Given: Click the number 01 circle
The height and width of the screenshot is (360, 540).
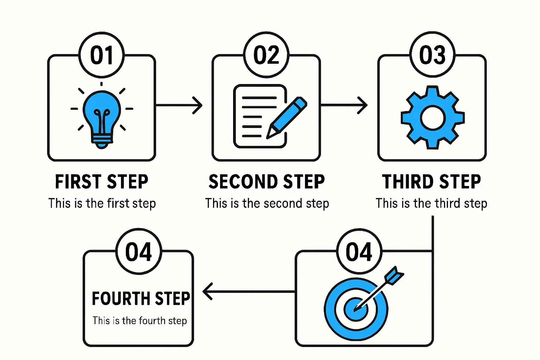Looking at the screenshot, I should click(x=102, y=55).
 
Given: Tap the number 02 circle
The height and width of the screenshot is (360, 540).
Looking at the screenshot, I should click(x=266, y=55).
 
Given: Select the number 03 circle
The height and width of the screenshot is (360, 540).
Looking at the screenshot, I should click(x=432, y=55).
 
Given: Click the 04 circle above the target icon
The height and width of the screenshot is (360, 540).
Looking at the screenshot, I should click(x=359, y=251).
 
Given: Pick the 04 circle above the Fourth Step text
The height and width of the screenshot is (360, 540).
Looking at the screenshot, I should click(x=139, y=251).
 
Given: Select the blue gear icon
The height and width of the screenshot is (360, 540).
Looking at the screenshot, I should click(x=433, y=117).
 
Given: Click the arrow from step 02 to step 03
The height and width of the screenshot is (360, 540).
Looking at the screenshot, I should click(x=344, y=105).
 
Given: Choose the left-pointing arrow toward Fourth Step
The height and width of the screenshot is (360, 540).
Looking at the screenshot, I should click(x=248, y=291).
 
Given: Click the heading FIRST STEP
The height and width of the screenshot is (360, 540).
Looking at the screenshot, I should click(x=102, y=182).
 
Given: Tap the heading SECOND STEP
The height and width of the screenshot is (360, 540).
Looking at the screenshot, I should click(x=266, y=182).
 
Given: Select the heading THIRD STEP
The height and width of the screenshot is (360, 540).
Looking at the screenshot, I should click(x=431, y=182).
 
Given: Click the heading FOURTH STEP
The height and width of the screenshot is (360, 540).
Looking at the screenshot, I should click(x=141, y=298).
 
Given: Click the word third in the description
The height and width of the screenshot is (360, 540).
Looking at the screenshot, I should click(x=448, y=204).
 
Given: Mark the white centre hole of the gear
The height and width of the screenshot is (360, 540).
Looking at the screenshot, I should click(x=433, y=117).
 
